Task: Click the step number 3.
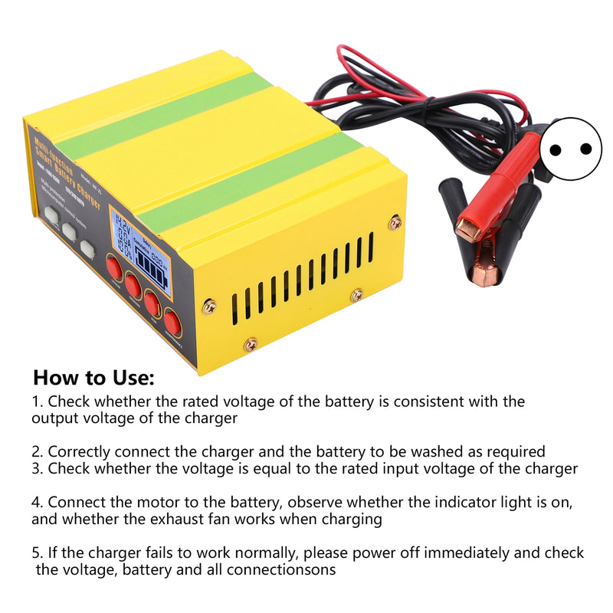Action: pyautogui.click(x=36, y=468)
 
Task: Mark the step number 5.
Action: pyautogui.click(x=36, y=552)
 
